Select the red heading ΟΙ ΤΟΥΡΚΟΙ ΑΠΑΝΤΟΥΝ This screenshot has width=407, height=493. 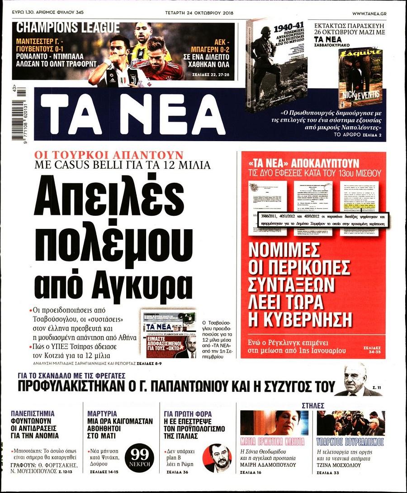point(109,155)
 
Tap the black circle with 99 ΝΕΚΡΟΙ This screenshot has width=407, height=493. point(142,455)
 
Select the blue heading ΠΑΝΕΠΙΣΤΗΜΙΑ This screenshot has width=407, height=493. point(33,413)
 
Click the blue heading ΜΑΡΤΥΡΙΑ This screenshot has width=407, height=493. point(102,413)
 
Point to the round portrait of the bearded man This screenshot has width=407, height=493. point(218,458)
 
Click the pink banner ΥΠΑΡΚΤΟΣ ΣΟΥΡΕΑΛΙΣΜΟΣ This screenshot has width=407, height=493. point(350,441)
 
